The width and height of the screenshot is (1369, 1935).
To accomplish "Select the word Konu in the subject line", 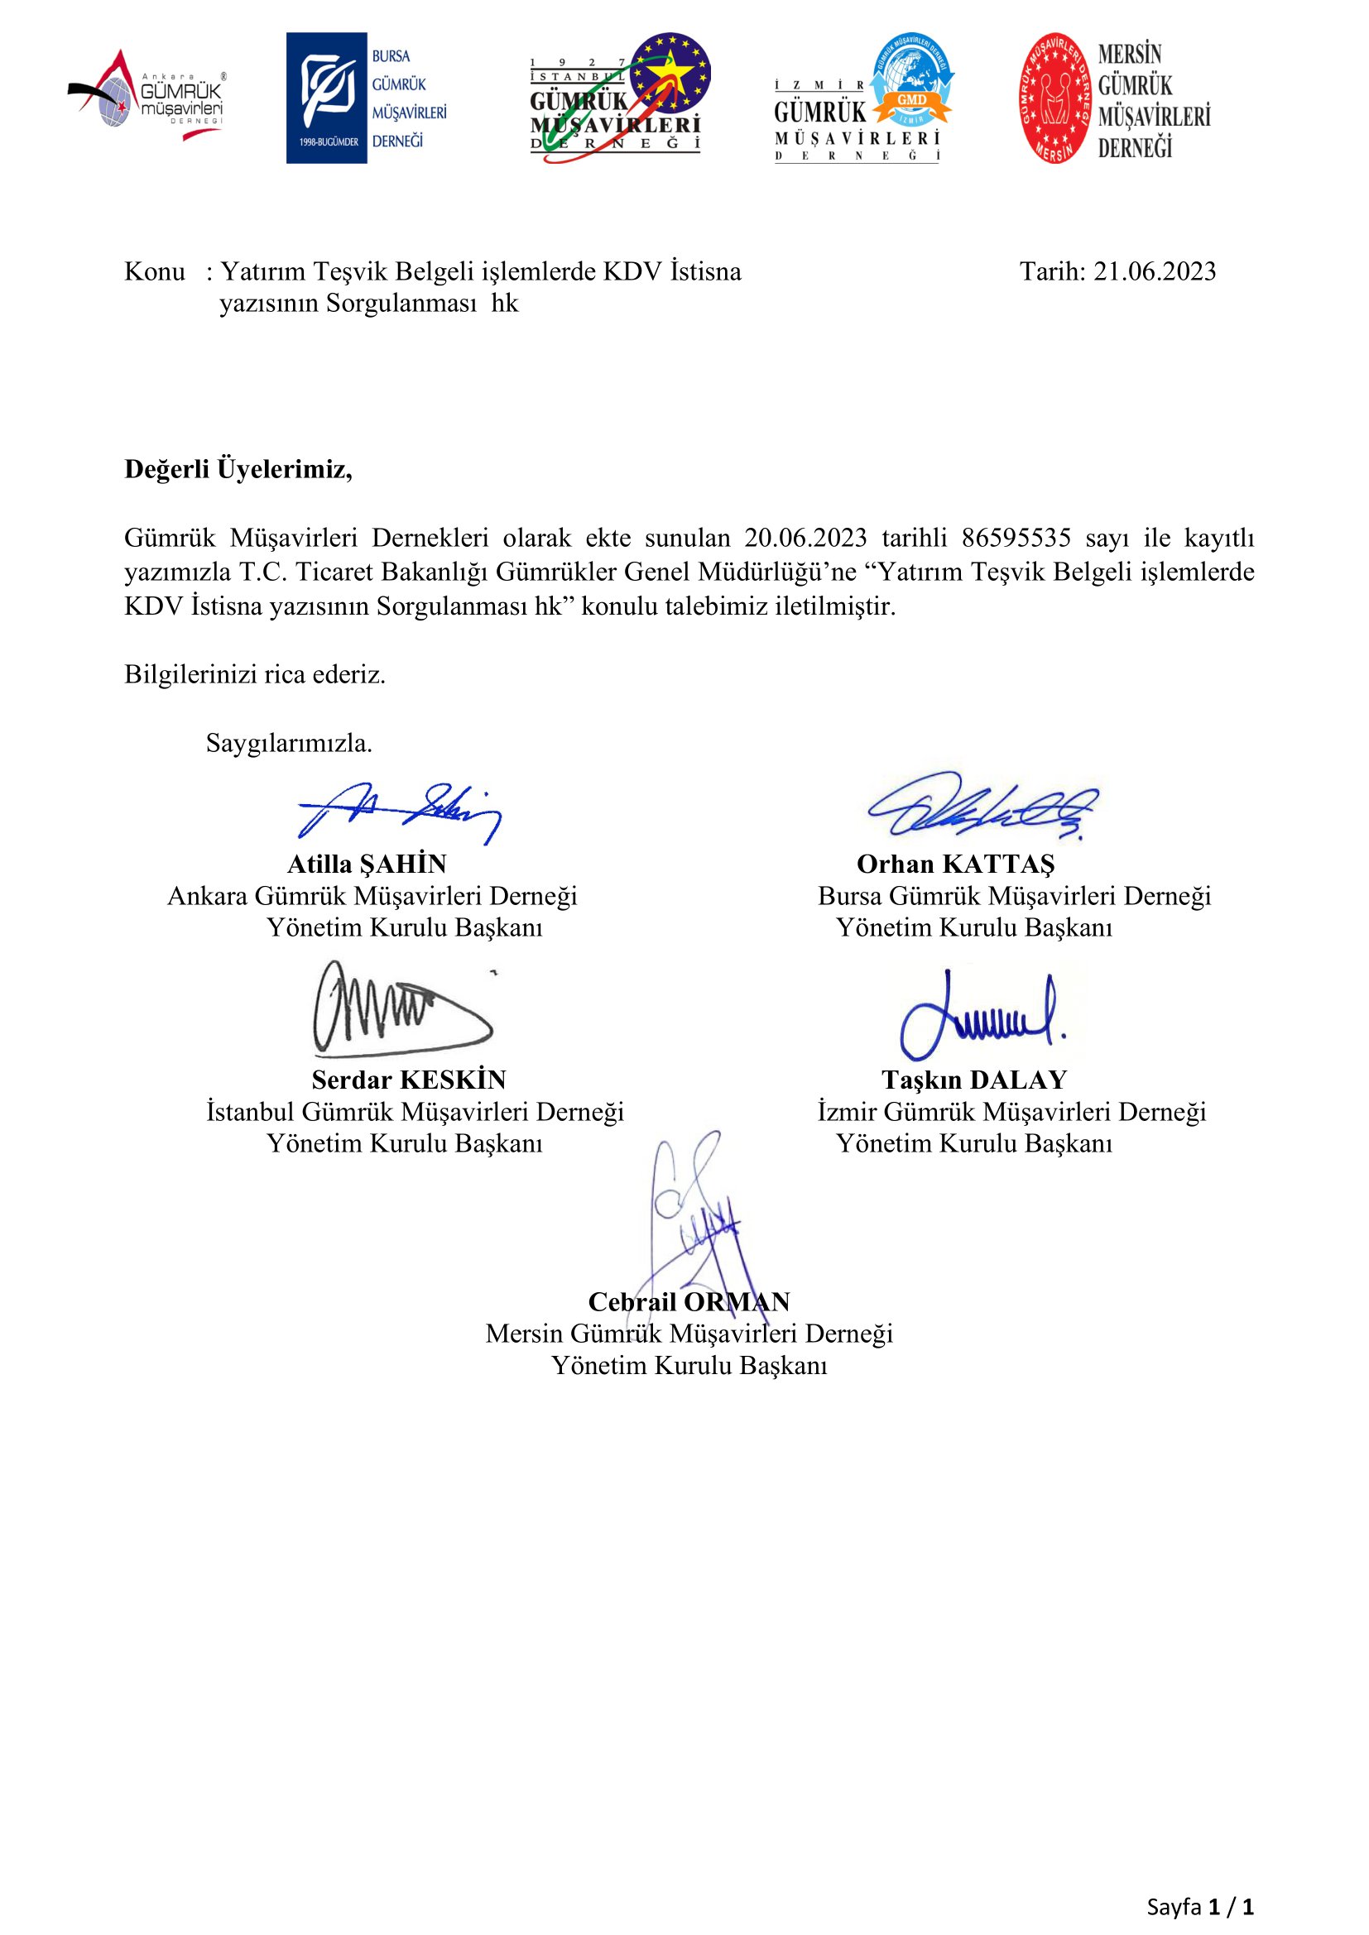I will pyautogui.click(x=154, y=271).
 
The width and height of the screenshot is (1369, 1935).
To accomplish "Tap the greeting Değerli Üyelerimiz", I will pyautogui.click(x=238, y=469).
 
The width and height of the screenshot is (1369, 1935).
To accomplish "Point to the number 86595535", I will pyautogui.click(x=1016, y=538).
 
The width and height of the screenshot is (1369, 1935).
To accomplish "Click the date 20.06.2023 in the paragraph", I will pyautogui.click(x=805, y=538).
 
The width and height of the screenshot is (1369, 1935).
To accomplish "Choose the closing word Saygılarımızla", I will pyautogui.click(x=288, y=744).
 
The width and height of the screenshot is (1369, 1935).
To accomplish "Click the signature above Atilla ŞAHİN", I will pyautogui.click(x=401, y=812).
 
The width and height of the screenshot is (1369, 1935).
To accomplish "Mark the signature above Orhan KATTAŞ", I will pyautogui.click(x=982, y=805).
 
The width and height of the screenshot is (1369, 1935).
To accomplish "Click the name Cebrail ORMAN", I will pyautogui.click(x=689, y=1302).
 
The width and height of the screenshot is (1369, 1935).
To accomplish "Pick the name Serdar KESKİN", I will pyautogui.click(x=409, y=1080).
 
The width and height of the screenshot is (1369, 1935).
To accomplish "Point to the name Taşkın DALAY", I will pyautogui.click(x=974, y=1080).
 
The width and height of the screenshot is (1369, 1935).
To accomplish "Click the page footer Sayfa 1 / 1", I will pyautogui.click(x=1199, y=1905).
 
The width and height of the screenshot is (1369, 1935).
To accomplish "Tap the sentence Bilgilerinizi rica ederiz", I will pyautogui.click(x=255, y=674).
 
